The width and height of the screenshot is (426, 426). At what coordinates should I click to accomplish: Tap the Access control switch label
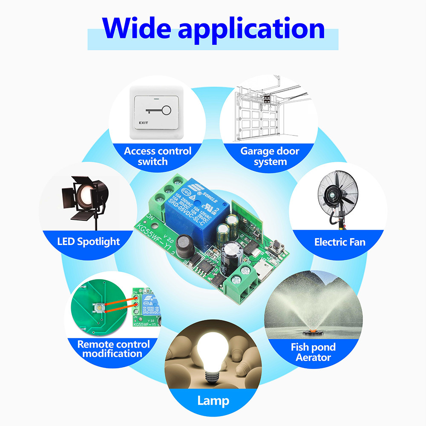158,156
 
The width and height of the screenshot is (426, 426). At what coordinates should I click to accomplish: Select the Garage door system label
270,156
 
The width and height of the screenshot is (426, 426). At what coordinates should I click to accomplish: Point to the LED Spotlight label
89,242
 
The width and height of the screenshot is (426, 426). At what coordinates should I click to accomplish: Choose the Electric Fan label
340,242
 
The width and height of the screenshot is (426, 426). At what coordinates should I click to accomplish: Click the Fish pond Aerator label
313,352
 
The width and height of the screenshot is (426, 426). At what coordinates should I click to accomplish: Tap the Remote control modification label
113,348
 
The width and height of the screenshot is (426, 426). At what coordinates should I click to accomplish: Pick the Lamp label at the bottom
213,400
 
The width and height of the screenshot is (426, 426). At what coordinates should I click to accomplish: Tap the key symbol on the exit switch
158,111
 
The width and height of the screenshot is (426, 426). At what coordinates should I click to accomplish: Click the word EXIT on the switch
143,124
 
